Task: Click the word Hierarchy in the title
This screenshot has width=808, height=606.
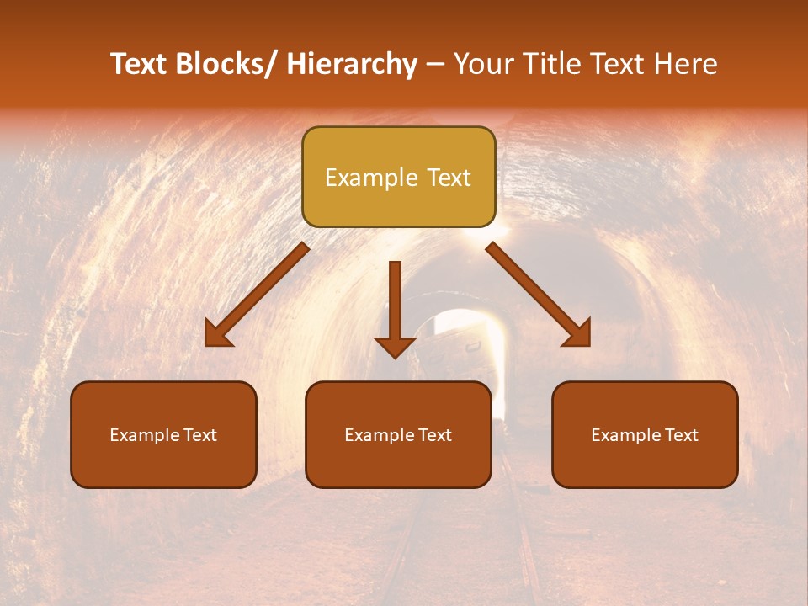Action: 352,64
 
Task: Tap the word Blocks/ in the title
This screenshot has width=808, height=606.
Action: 225,64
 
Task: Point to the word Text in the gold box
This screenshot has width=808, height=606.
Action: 448,178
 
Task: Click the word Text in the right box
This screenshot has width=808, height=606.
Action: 681,435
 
